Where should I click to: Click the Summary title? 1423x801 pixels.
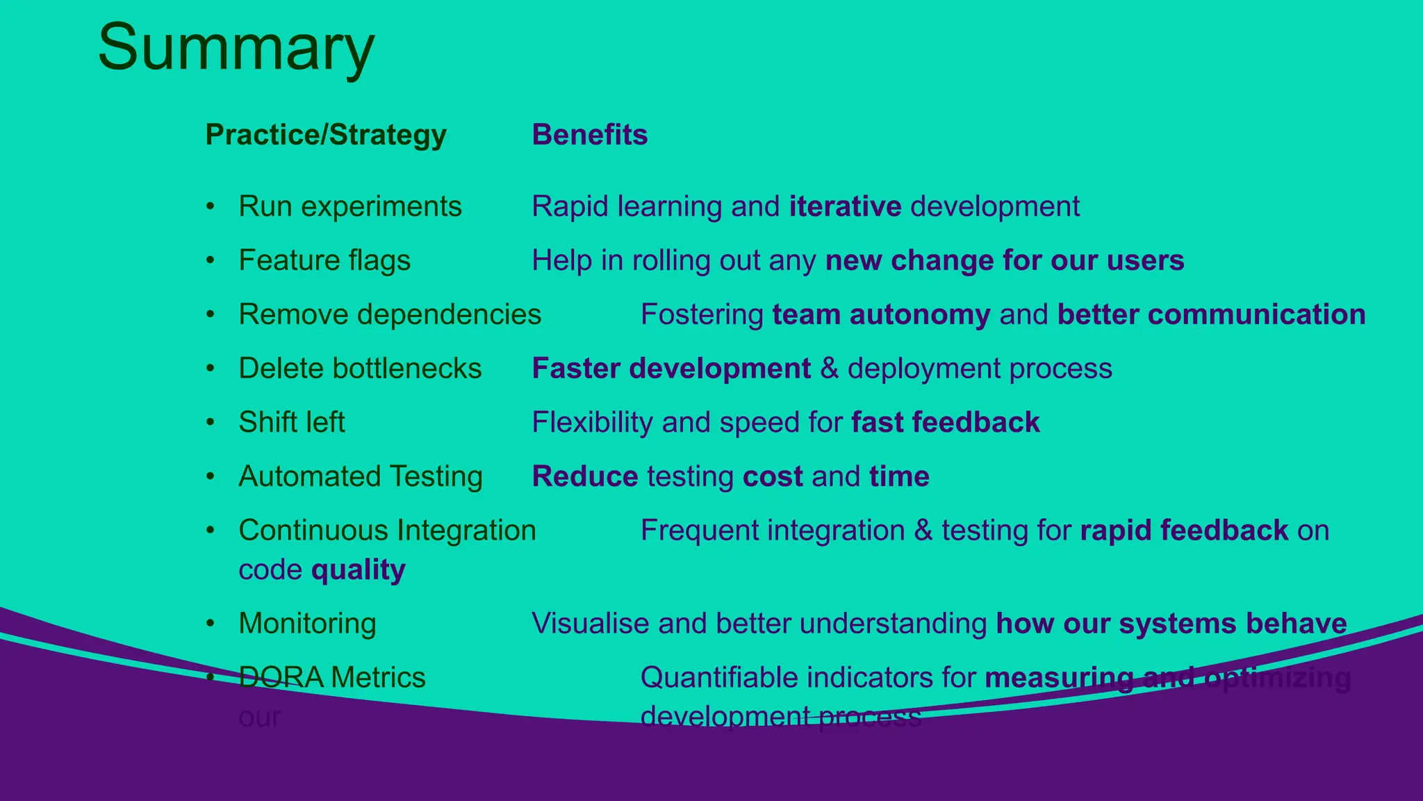click(x=236, y=47)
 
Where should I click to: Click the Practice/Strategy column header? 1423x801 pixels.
click(x=326, y=135)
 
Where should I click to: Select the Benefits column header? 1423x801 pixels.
click(x=589, y=135)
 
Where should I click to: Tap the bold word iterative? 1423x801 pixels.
click(x=845, y=207)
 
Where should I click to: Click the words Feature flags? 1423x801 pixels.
click(x=324, y=261)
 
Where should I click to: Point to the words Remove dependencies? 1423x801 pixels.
click(x=390, y=314)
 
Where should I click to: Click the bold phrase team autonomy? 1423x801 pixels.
click(x=881, y=314)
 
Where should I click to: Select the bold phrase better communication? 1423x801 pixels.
click(x=1211, y=314)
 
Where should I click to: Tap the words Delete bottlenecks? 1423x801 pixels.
click(x=360, y=369)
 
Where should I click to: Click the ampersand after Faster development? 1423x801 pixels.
click(x=830, y=369)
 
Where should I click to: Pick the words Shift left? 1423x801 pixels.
click(x=292, y=422)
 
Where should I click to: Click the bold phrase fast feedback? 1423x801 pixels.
click(x=945, y=422)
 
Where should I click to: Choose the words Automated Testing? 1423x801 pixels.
click(x=361, y=476)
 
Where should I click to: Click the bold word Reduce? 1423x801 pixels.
click(x=585, y=476)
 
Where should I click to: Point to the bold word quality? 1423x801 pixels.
click(x=359, y=569)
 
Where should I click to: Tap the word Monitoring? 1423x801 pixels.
click(x=307, y=623)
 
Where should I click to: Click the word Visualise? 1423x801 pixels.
click(x=591, y=623)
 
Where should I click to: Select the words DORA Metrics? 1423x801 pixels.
click(x=332, y=677)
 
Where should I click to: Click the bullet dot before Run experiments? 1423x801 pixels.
click(x=211, y=207)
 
